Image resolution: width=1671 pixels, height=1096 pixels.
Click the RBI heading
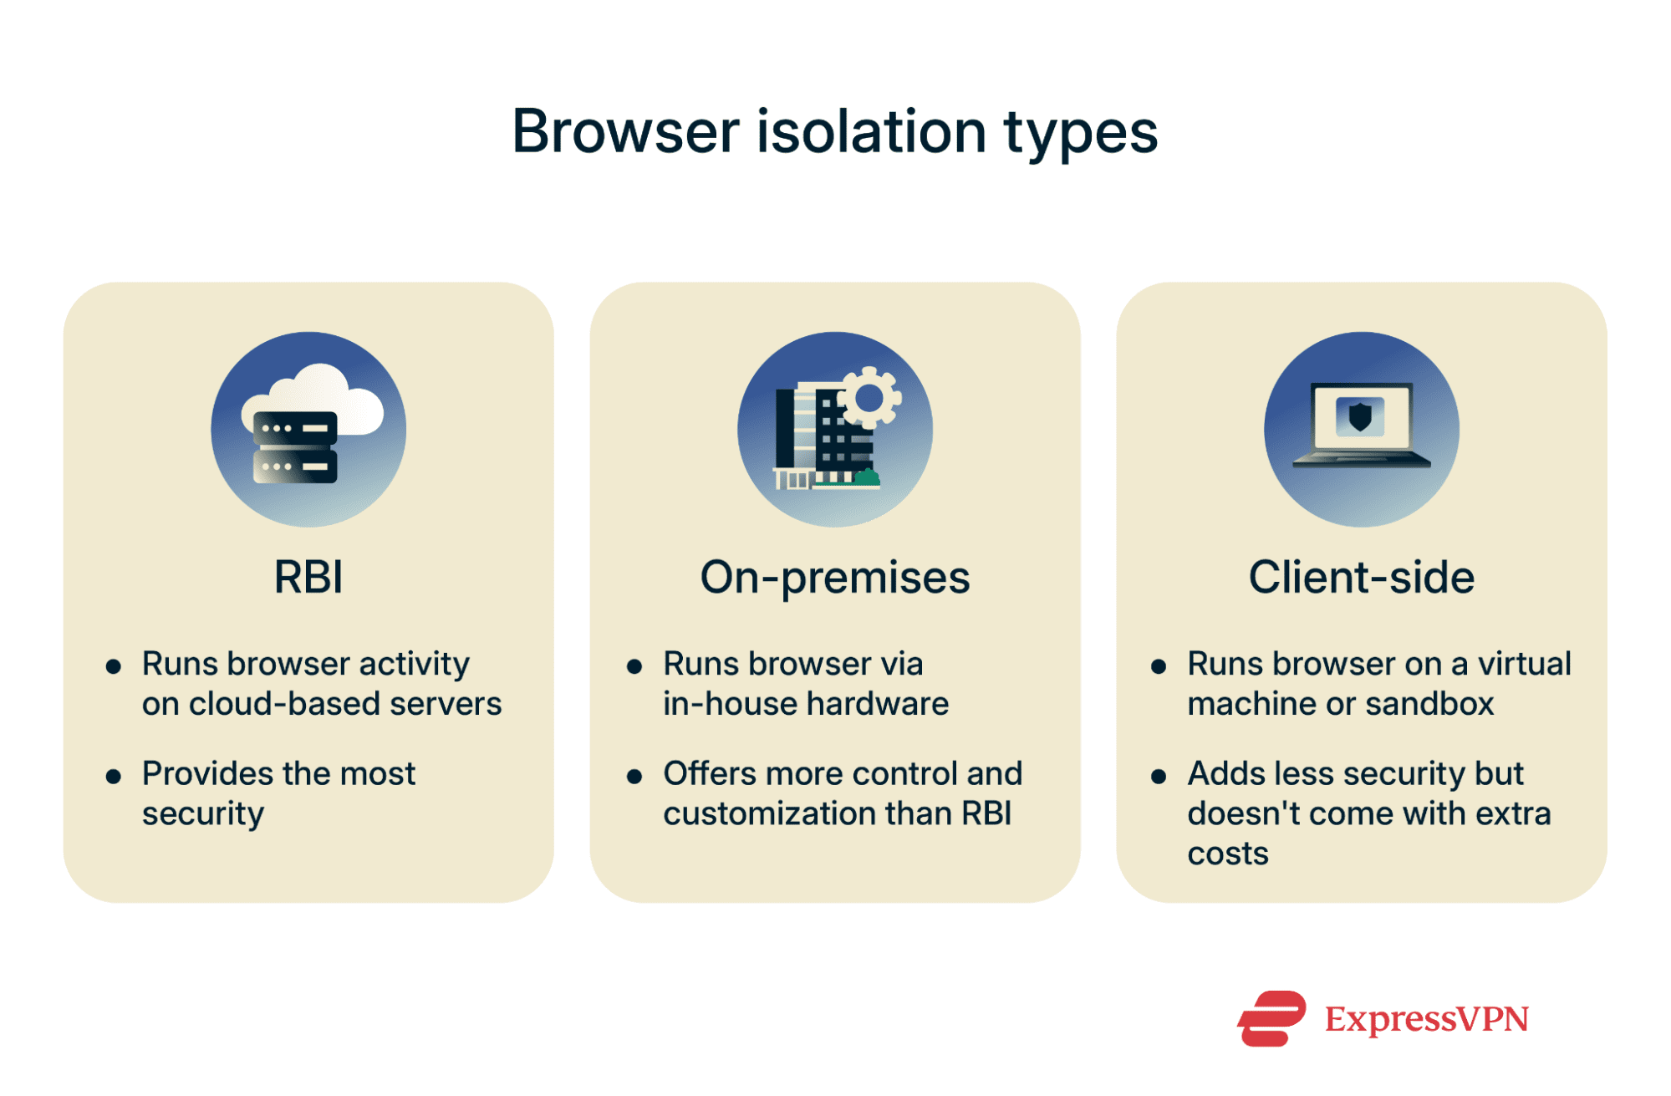pyautogui.click(x=308, y=577)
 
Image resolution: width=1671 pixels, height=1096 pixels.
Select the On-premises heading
pyautogui.click(x=834, y=577)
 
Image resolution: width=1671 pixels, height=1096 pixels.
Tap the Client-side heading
pyautogui.click(x=1361, y=577)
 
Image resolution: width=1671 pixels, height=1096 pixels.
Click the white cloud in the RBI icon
pyautogui.click(x=330, y=393)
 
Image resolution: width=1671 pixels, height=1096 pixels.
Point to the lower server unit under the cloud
pyautogui.click(x=295, y=466)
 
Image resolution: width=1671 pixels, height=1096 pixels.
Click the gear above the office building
pyautogui.click(x=869, y=398)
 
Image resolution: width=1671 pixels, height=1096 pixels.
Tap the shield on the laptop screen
pyautogui.click(x=1360, y=415)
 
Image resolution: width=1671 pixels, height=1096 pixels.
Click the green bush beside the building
pyautogui.click(x=867, y=478)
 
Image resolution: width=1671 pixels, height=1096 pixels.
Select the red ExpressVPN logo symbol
pyautogui.click(x=1271, y=1018)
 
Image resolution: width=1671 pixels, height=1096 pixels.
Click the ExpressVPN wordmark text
pyautogui.click(x=1426, y=1018)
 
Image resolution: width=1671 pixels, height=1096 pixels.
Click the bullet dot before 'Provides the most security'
pyautogui.click(x=114, y=777)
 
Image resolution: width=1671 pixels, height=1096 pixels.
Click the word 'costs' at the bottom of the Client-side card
pyautogui.click(x=1227, y=854)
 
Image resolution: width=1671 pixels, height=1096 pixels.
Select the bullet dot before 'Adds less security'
pyautogui.click(x=1159, y=777)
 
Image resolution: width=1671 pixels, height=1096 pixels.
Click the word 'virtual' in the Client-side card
pyautogui.click(x=1525, y=664)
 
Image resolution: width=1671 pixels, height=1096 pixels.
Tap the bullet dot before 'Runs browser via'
pyautogui.click(x=634, y=666)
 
